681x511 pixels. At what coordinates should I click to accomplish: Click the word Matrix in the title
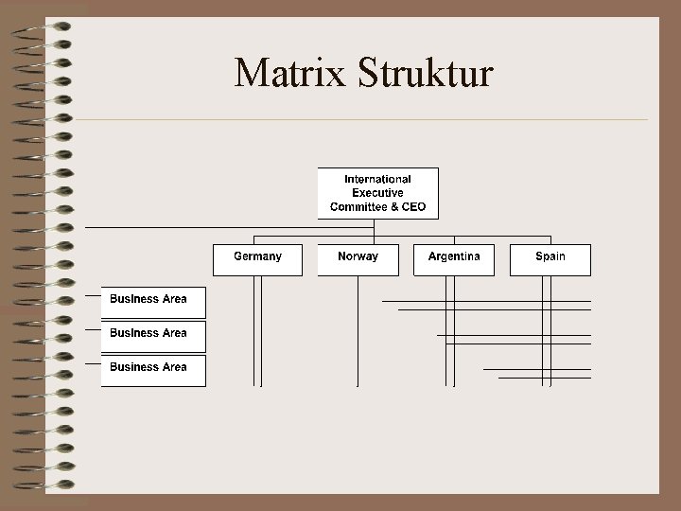(x=291, y=73)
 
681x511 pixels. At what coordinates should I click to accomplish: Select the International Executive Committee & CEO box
(x=377, y=193)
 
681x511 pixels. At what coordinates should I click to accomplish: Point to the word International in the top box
(x=377, y=179)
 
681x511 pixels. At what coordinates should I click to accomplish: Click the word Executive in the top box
(x=377, y=193)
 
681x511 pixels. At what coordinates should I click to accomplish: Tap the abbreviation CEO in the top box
(x=414, y=206)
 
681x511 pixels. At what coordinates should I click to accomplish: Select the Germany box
(x=257, y=259)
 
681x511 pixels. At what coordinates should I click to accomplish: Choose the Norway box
(x=358, y=259)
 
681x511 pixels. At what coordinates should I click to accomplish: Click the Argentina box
(x=454, y=259)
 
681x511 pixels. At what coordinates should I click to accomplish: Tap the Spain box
(x=550, y=259)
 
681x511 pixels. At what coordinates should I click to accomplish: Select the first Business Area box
(x=153, y=302)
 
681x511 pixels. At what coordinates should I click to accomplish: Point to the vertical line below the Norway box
(x=358, y=331)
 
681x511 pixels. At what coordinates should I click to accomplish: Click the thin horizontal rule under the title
(x=359, y=120)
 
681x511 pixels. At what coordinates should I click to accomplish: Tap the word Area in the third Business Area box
(x=174, y=367)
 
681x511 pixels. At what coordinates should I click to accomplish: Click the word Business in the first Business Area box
(x=133, y=299)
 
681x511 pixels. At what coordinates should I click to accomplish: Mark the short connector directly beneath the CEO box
(x=375, y=228)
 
